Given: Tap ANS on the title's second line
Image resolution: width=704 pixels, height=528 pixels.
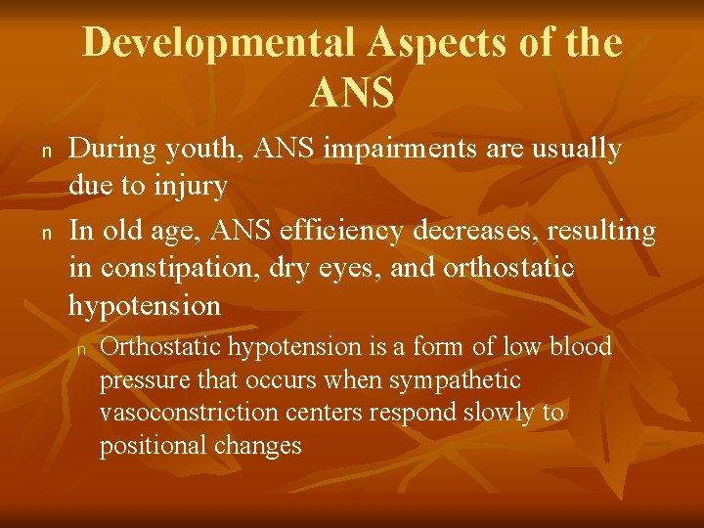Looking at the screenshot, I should [352, 93].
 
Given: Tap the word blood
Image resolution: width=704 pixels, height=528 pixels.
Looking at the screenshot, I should [581, 347].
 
